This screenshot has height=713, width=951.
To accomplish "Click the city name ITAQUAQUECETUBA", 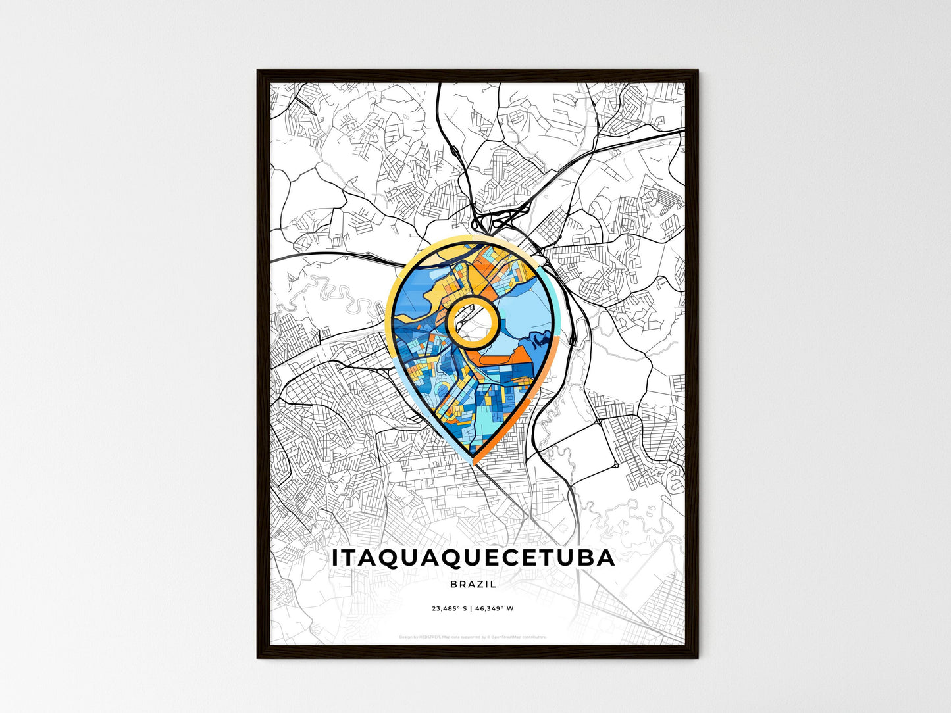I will tap(473, 558).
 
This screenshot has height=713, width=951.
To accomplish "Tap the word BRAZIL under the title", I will tap(473, 584).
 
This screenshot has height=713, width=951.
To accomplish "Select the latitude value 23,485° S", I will tap(450, 608).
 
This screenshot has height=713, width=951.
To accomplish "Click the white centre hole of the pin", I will tap(471, 321).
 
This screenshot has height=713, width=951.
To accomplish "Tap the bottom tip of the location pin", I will tap(473, 462).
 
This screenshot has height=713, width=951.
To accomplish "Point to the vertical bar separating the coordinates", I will tap(471, 608).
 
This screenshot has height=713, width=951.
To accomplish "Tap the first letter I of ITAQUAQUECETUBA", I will tap(336, 558).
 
